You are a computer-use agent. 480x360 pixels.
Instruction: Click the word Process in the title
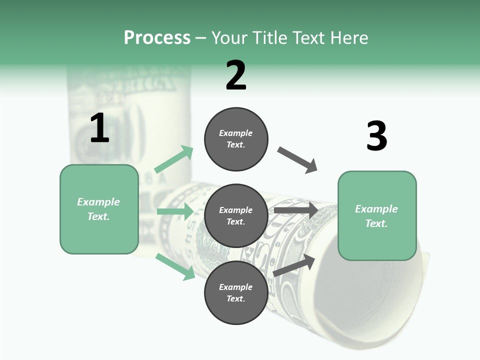tap(157, 38)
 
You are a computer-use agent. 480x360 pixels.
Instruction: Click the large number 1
tap(99, 128)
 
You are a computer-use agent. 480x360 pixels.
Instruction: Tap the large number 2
tap(236, 75)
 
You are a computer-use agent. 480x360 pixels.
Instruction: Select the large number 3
tap(376, 136)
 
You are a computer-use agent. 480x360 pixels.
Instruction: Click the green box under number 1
tap(99, 209)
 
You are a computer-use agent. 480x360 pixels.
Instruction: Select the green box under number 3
tap(377, 215)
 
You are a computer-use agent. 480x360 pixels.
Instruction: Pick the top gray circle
tap(236, 139)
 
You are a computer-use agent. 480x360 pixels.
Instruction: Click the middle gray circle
tap(236, 216)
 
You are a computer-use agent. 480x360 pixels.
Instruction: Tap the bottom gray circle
tap(236, 293)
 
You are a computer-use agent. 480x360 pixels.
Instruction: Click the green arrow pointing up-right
tap(174, 159)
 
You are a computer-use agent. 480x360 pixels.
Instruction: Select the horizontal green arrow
tap(175, 211)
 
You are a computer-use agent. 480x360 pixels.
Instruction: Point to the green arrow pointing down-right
tap(175, 266)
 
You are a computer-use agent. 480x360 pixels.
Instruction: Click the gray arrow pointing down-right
tap(297, 160)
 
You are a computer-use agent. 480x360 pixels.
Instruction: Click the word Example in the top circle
tap(236, 133)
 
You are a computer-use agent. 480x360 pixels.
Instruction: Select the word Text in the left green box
tap(98, 216)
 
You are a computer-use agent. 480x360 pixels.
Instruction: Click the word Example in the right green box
tap(376, 209)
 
